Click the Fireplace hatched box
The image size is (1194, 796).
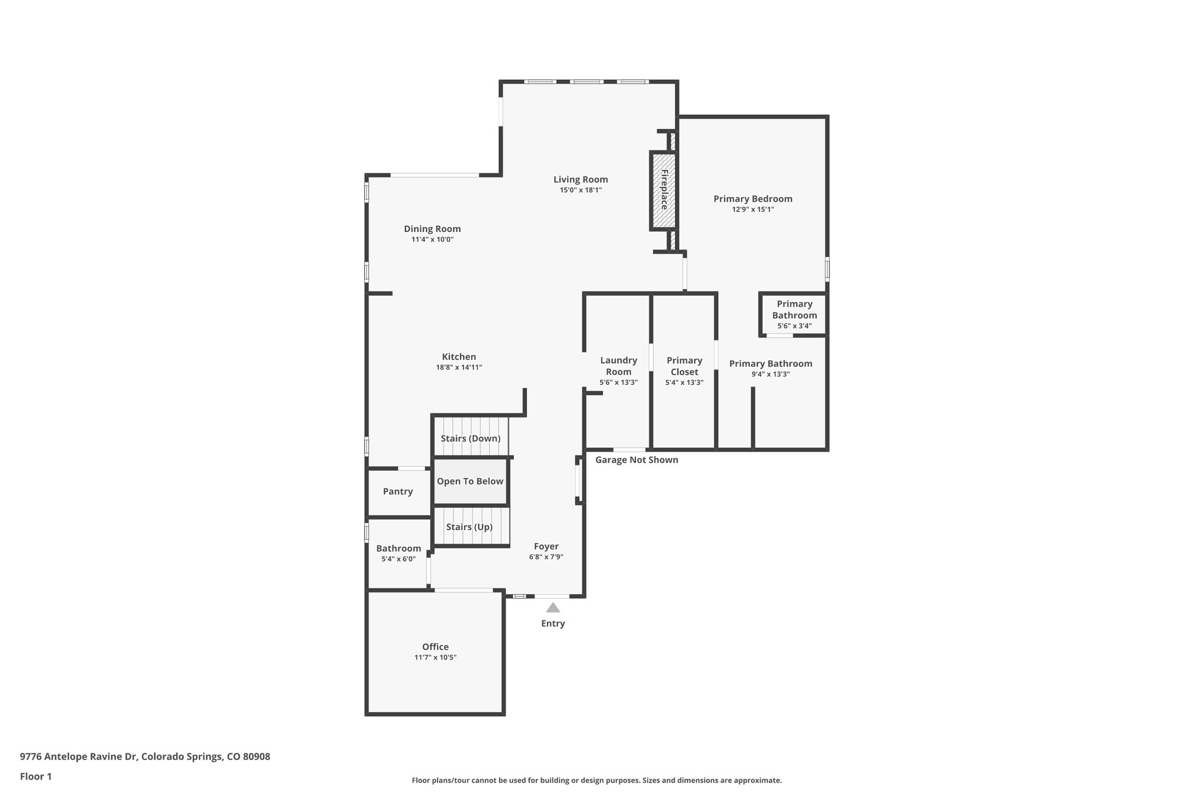click(663, 190)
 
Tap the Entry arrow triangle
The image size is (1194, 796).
click(553, 608)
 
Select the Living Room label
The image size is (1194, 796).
click(581, 180)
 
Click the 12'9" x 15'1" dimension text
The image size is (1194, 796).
click(753, 209)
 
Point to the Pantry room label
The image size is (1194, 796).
click(398, 492)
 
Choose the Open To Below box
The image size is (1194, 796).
click(470, 482)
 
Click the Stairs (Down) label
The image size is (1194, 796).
click(470, 439)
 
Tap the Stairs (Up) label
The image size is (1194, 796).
click(469, 527)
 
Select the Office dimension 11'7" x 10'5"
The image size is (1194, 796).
click(435, 657)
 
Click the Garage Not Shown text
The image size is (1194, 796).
click(637, 460)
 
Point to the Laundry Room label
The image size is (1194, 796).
click(619, 366)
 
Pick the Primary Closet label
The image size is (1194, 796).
click(684, 366)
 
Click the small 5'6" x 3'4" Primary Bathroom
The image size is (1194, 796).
click(794, 315)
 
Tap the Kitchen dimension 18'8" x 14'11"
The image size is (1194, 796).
click(459, 367)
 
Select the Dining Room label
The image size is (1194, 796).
click(432, 229)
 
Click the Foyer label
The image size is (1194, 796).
click(546, 546)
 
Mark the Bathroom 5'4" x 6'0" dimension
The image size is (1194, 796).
click(398, 559)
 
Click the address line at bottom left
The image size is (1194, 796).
click(145, 756)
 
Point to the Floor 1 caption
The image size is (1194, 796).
click(36, 776)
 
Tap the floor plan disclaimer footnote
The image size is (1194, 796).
click(596, 780)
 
